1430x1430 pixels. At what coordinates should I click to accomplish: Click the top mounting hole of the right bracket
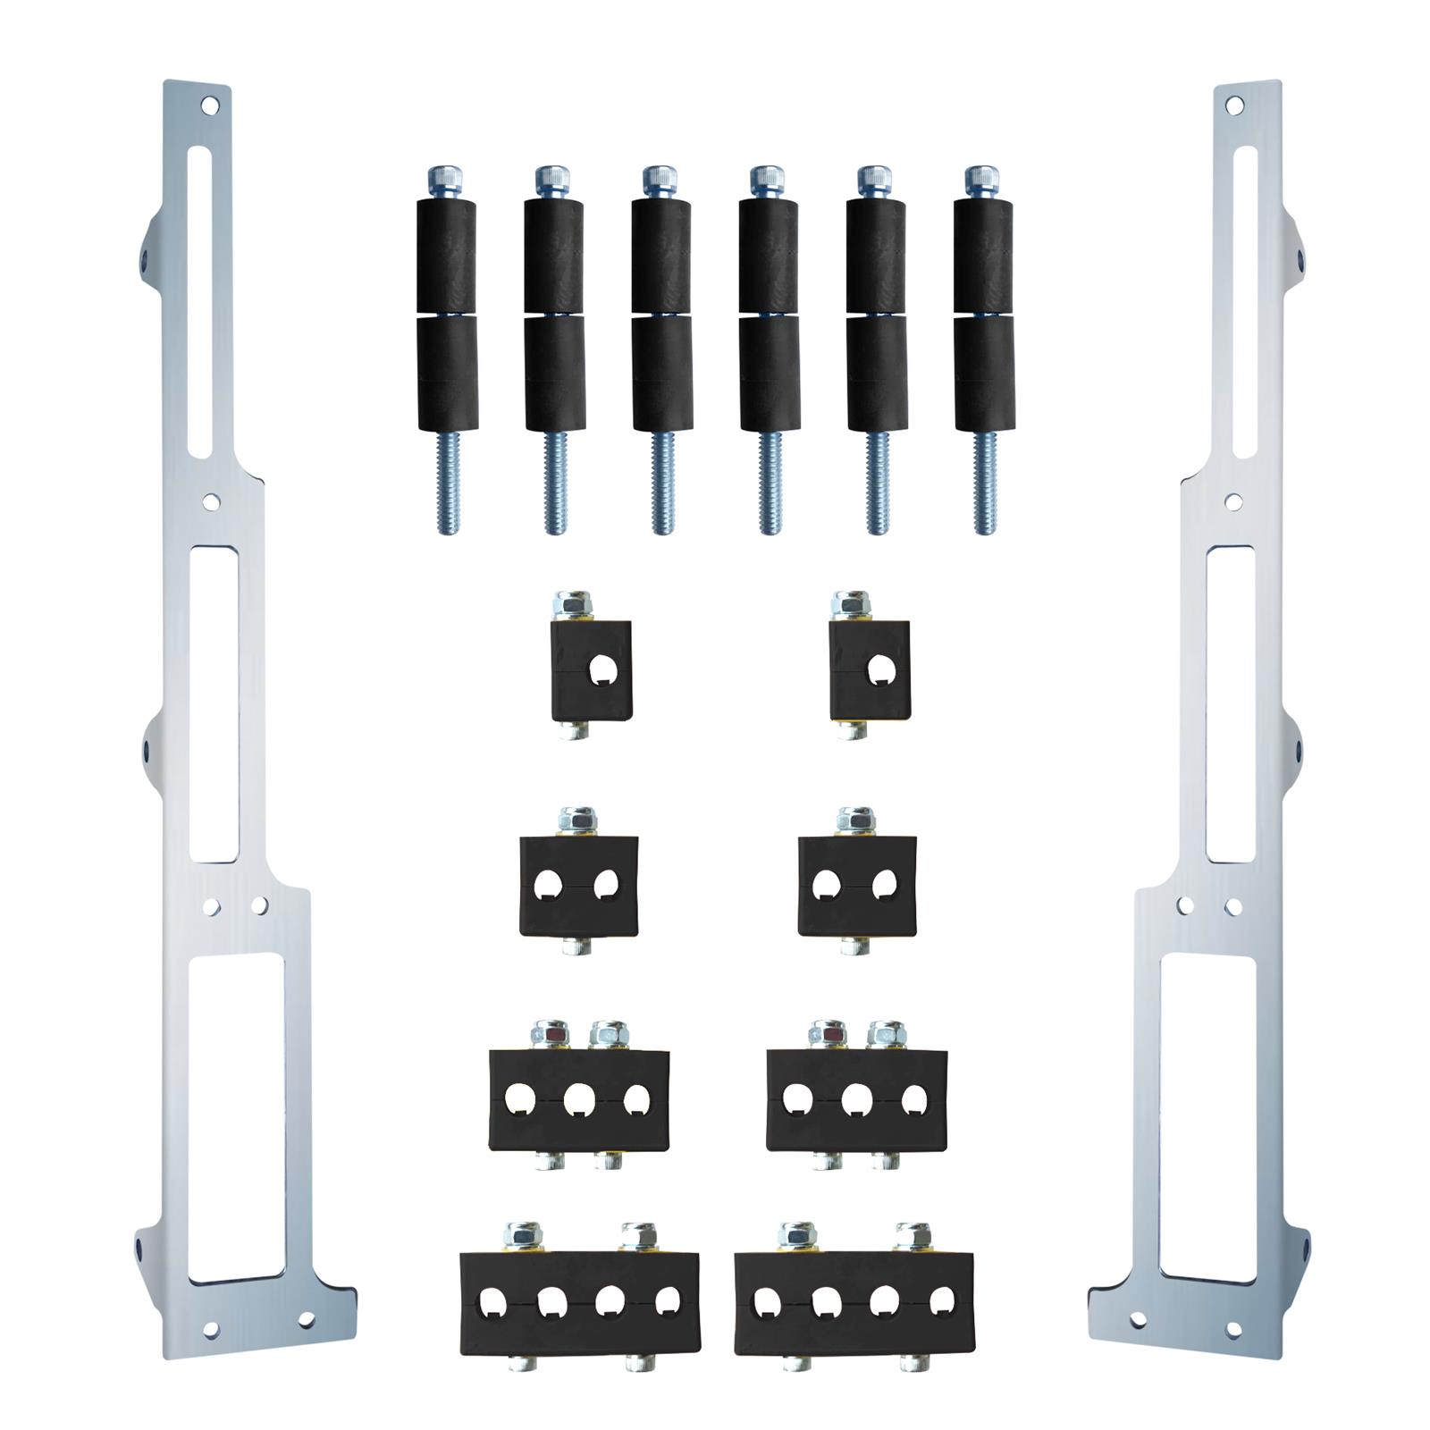1234,105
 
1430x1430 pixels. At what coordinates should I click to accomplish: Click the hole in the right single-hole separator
880,669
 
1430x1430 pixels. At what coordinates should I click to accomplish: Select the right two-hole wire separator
856,885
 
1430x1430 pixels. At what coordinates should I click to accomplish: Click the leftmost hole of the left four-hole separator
493,1302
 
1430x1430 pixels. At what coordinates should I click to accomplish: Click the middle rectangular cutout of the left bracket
214,703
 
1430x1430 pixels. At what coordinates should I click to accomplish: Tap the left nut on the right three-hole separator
827,1034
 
